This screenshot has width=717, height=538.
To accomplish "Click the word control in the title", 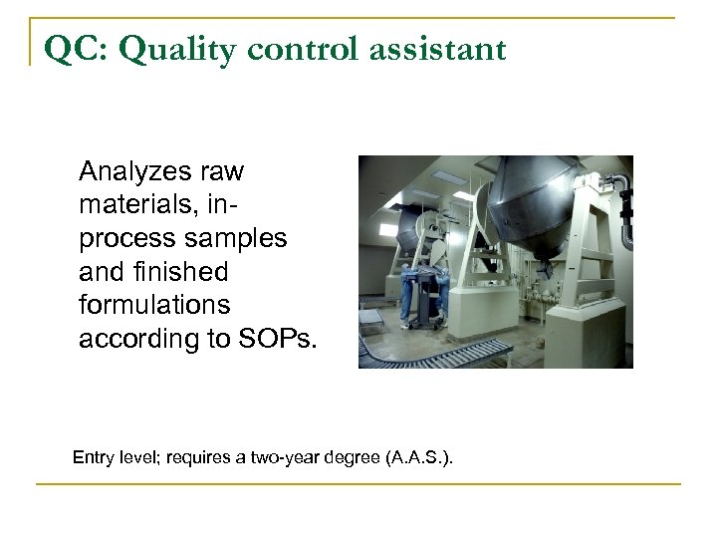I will point(299,47).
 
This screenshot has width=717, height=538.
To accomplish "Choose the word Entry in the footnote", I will point(95,457).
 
